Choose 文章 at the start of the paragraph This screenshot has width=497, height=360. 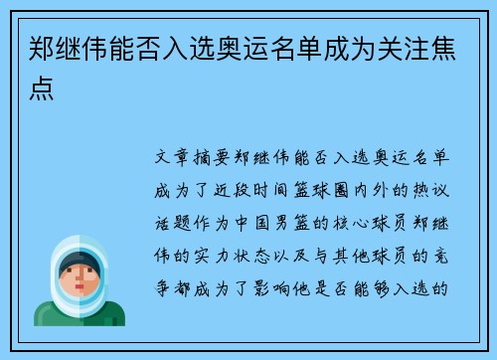(x=177, y=159)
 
